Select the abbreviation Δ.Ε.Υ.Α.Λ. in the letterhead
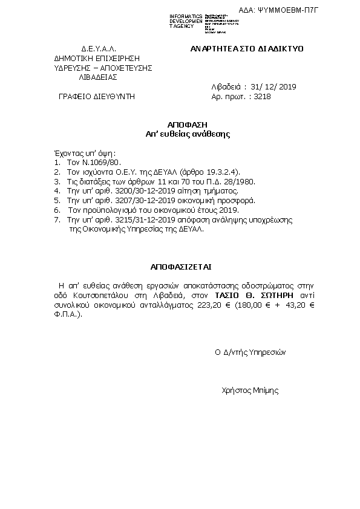98,48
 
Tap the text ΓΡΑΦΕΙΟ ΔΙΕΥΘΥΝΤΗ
96,96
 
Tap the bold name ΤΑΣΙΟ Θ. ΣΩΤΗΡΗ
254,294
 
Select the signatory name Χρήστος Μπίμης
250,391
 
